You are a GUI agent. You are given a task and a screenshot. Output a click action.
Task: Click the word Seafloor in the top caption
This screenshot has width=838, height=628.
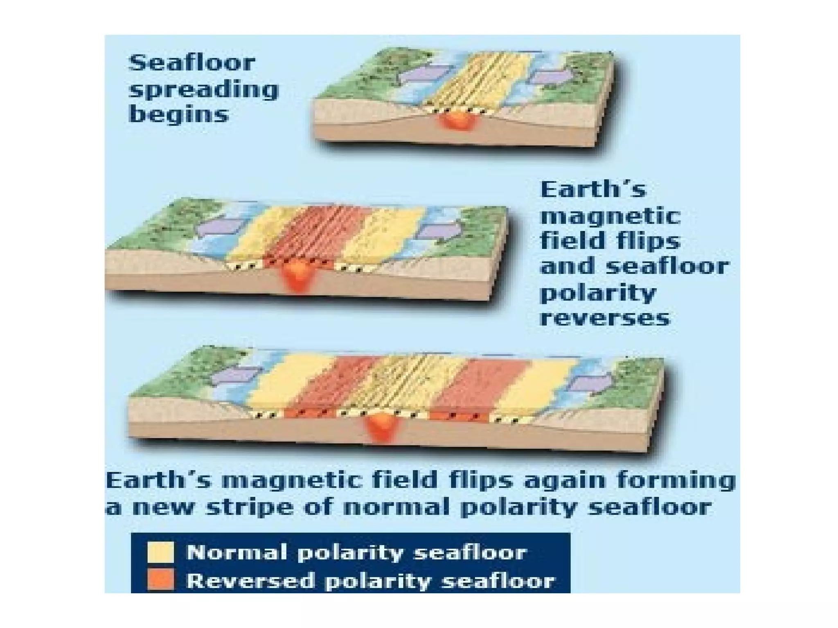click(x=191, y=63)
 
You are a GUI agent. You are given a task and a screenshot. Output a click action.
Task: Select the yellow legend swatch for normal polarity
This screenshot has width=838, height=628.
click(x=160, y=552)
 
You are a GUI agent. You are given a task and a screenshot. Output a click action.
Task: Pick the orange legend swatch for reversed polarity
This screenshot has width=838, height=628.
click(x=160, y=580)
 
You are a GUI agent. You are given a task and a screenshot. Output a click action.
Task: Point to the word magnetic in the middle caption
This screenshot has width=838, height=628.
click(x=610, y=216)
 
